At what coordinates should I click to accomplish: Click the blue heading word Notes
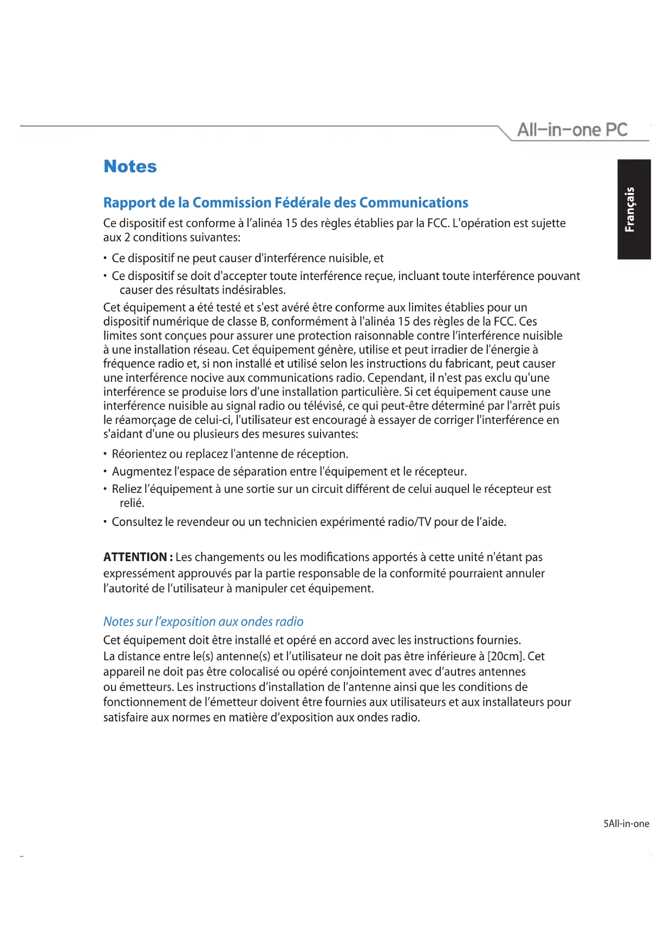click(130, 166)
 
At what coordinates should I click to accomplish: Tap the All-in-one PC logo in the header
click(572, 130)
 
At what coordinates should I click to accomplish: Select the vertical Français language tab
click(634, 209)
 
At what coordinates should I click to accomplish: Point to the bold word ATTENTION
click(135, 557)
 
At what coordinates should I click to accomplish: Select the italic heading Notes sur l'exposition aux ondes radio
click(203, 622)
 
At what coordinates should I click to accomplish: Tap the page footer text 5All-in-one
click(626, 824)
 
